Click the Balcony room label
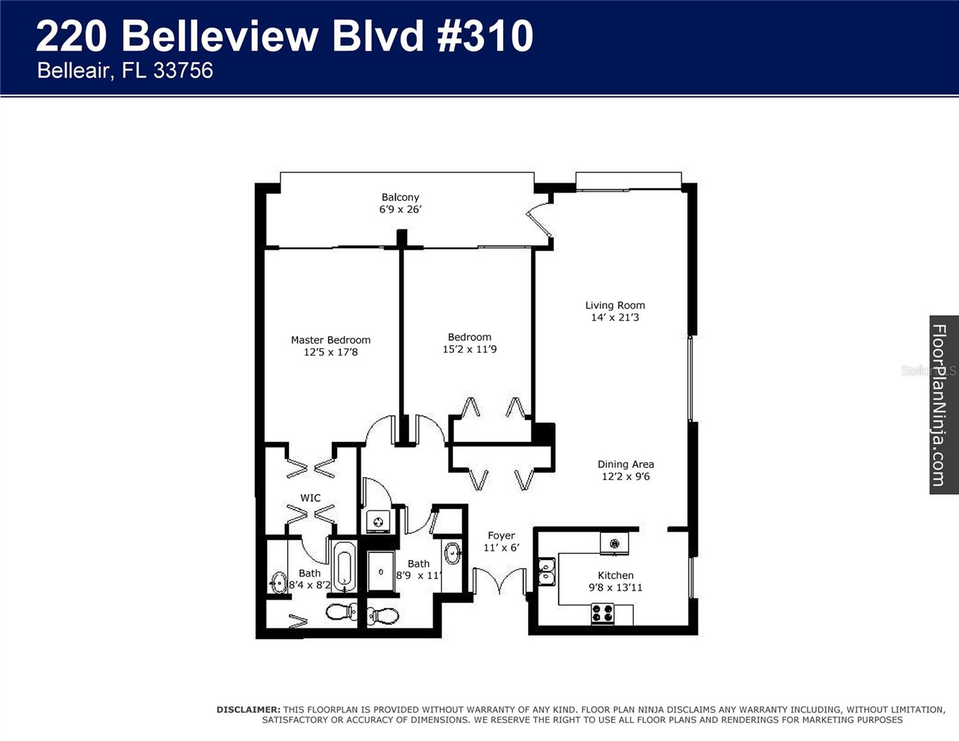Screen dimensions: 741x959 click(400, 197)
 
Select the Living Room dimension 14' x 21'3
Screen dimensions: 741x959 click(615, 317)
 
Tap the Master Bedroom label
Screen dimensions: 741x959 click(330, 340)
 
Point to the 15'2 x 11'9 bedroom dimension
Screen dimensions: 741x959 click(469, 350)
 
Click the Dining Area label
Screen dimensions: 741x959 click(626, 464)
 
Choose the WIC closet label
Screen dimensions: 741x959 click(310, 498)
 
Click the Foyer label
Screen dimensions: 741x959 click(501, 536)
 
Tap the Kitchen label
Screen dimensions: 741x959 click(615, 576)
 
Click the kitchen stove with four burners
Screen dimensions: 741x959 click(603, 613)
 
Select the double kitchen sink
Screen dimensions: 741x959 click(547, 571)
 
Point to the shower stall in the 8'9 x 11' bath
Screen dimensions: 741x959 click(380, 572)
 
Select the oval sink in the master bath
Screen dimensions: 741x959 click(278, 582)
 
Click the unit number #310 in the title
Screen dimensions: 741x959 click(485, 36)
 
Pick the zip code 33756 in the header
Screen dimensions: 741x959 click(183, 70)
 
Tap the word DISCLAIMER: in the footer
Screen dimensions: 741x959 click(248, 710)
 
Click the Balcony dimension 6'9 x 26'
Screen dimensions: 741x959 click(400, 209)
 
